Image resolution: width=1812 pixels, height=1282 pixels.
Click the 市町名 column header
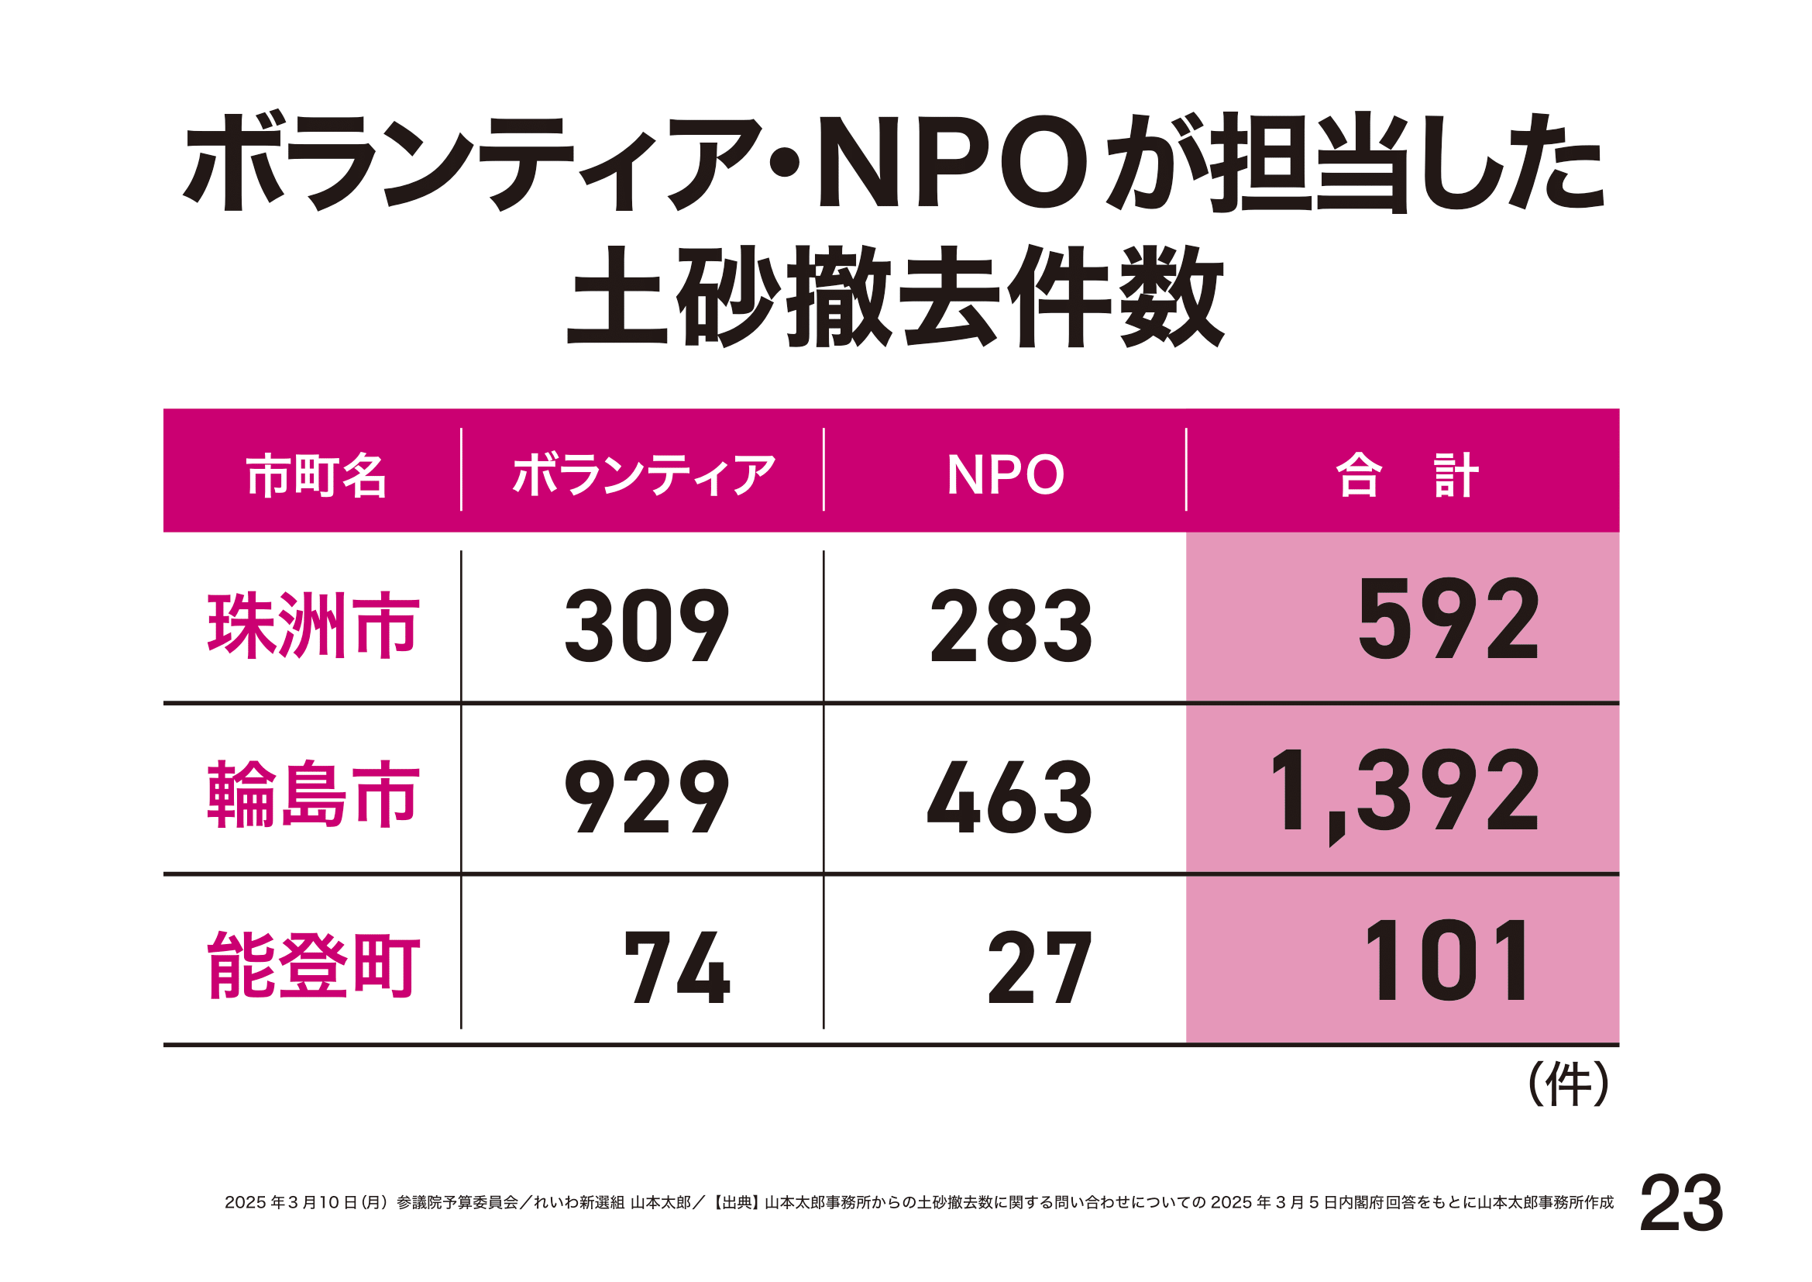315,476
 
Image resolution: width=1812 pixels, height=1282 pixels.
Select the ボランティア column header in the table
643,475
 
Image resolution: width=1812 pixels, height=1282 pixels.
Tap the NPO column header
1005,475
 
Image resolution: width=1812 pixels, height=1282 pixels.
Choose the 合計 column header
1405,475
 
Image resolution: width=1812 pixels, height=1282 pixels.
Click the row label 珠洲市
312,625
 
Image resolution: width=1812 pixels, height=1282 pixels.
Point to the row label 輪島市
312,795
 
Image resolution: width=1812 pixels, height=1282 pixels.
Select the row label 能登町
312,965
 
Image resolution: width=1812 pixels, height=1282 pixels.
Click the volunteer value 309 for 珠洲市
646,626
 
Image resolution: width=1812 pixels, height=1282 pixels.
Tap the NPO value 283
1011,626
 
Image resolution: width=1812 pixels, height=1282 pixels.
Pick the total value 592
1448,619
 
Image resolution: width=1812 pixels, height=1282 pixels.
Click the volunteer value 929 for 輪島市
646,797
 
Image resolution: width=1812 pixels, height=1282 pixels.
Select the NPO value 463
1009,797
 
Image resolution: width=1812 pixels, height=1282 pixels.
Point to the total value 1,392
1405,792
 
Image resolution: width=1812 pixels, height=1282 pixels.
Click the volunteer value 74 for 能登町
677,967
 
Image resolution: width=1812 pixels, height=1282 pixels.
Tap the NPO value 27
1040,967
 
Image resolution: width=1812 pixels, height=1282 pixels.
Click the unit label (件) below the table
1567,1084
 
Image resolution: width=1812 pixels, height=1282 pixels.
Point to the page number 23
1681,1203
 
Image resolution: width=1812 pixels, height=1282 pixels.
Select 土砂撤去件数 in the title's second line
895,297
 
